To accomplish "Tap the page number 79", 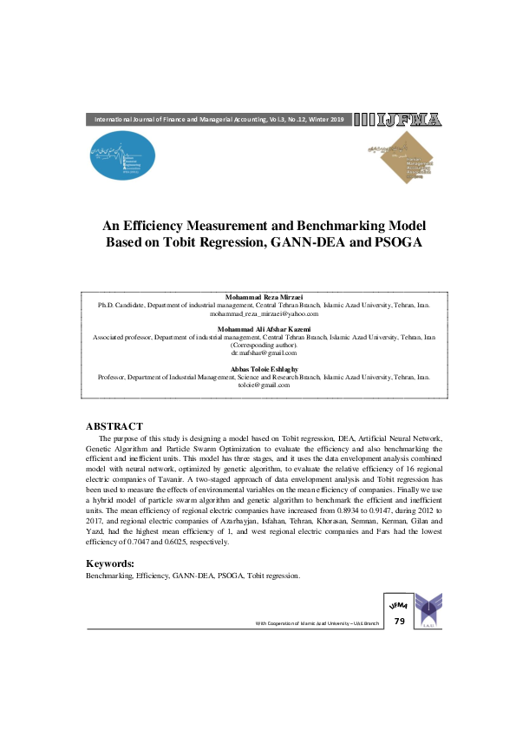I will click(x=399, y=622).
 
